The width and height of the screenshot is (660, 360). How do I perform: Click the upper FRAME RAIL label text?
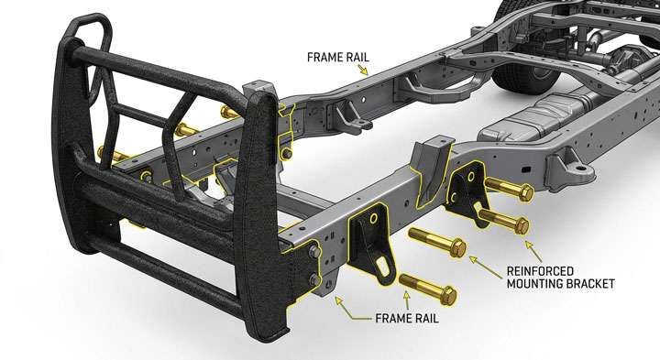[338, 57]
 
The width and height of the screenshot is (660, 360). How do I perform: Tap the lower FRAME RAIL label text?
[407, 318]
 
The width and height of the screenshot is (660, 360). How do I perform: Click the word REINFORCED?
[540, 271]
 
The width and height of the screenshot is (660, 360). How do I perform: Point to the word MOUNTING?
[534, 284]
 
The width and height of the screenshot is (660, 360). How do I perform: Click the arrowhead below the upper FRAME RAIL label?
[364, 70]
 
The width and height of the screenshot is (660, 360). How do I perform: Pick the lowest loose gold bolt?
[428, 288]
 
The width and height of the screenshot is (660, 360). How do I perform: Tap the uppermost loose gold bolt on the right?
[510, 189]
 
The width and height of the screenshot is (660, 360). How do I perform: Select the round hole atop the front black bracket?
[374, 218]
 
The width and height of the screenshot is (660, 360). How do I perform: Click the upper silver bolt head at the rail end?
[314, 252]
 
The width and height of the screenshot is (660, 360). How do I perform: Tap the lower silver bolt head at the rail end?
[314, 279]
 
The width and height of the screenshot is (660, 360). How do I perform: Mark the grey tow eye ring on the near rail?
[581, 169]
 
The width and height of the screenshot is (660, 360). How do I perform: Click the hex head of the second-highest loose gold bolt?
[522, 226]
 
